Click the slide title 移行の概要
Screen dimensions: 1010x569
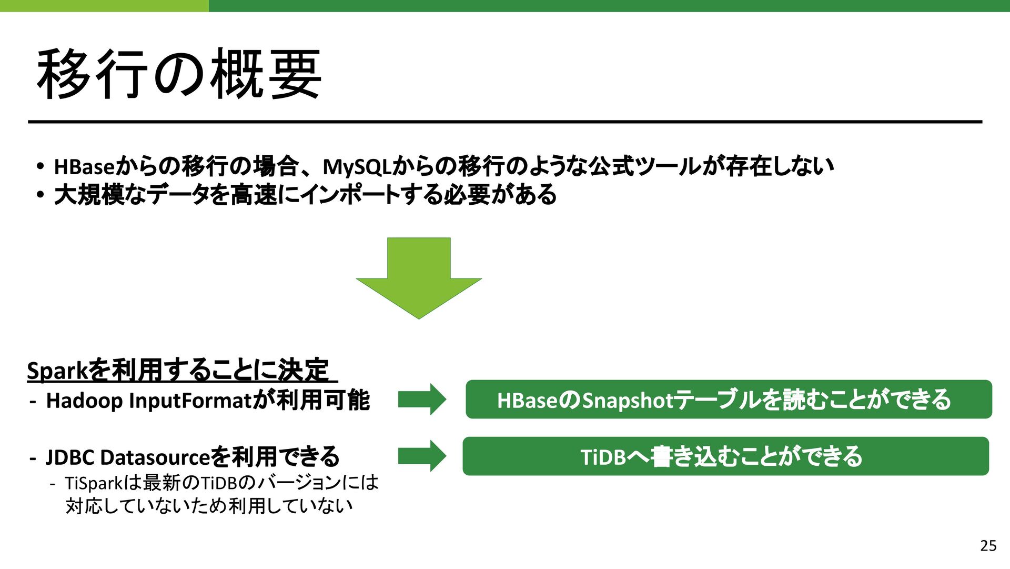click(x=179, y=74)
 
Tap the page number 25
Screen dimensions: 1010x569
click(x=988, y=546)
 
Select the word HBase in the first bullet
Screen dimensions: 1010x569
click(x=84, y=167)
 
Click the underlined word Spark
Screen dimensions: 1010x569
click(x=57, y=371)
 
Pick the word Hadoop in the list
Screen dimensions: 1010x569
click(x=84, y=401)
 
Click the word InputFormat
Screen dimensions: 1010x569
click(x=191, y=401)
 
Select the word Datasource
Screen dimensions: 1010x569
click(x=155, y=457)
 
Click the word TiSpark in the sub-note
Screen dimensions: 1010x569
click(x=93, y=483)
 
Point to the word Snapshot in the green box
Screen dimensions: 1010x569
click(x=628, y=401)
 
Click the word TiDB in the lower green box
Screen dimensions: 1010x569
click(x=603, y=457)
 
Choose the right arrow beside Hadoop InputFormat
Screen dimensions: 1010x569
click(x=422, y=400)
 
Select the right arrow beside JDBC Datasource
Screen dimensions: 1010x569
click(x=422, y=456)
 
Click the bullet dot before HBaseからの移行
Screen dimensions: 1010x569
click(x=41, y=166)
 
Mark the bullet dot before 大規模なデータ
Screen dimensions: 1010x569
click(x=41, y=195)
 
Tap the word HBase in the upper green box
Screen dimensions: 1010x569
click(x=527, y=401)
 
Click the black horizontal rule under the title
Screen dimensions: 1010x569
click(x=505, y=122)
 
